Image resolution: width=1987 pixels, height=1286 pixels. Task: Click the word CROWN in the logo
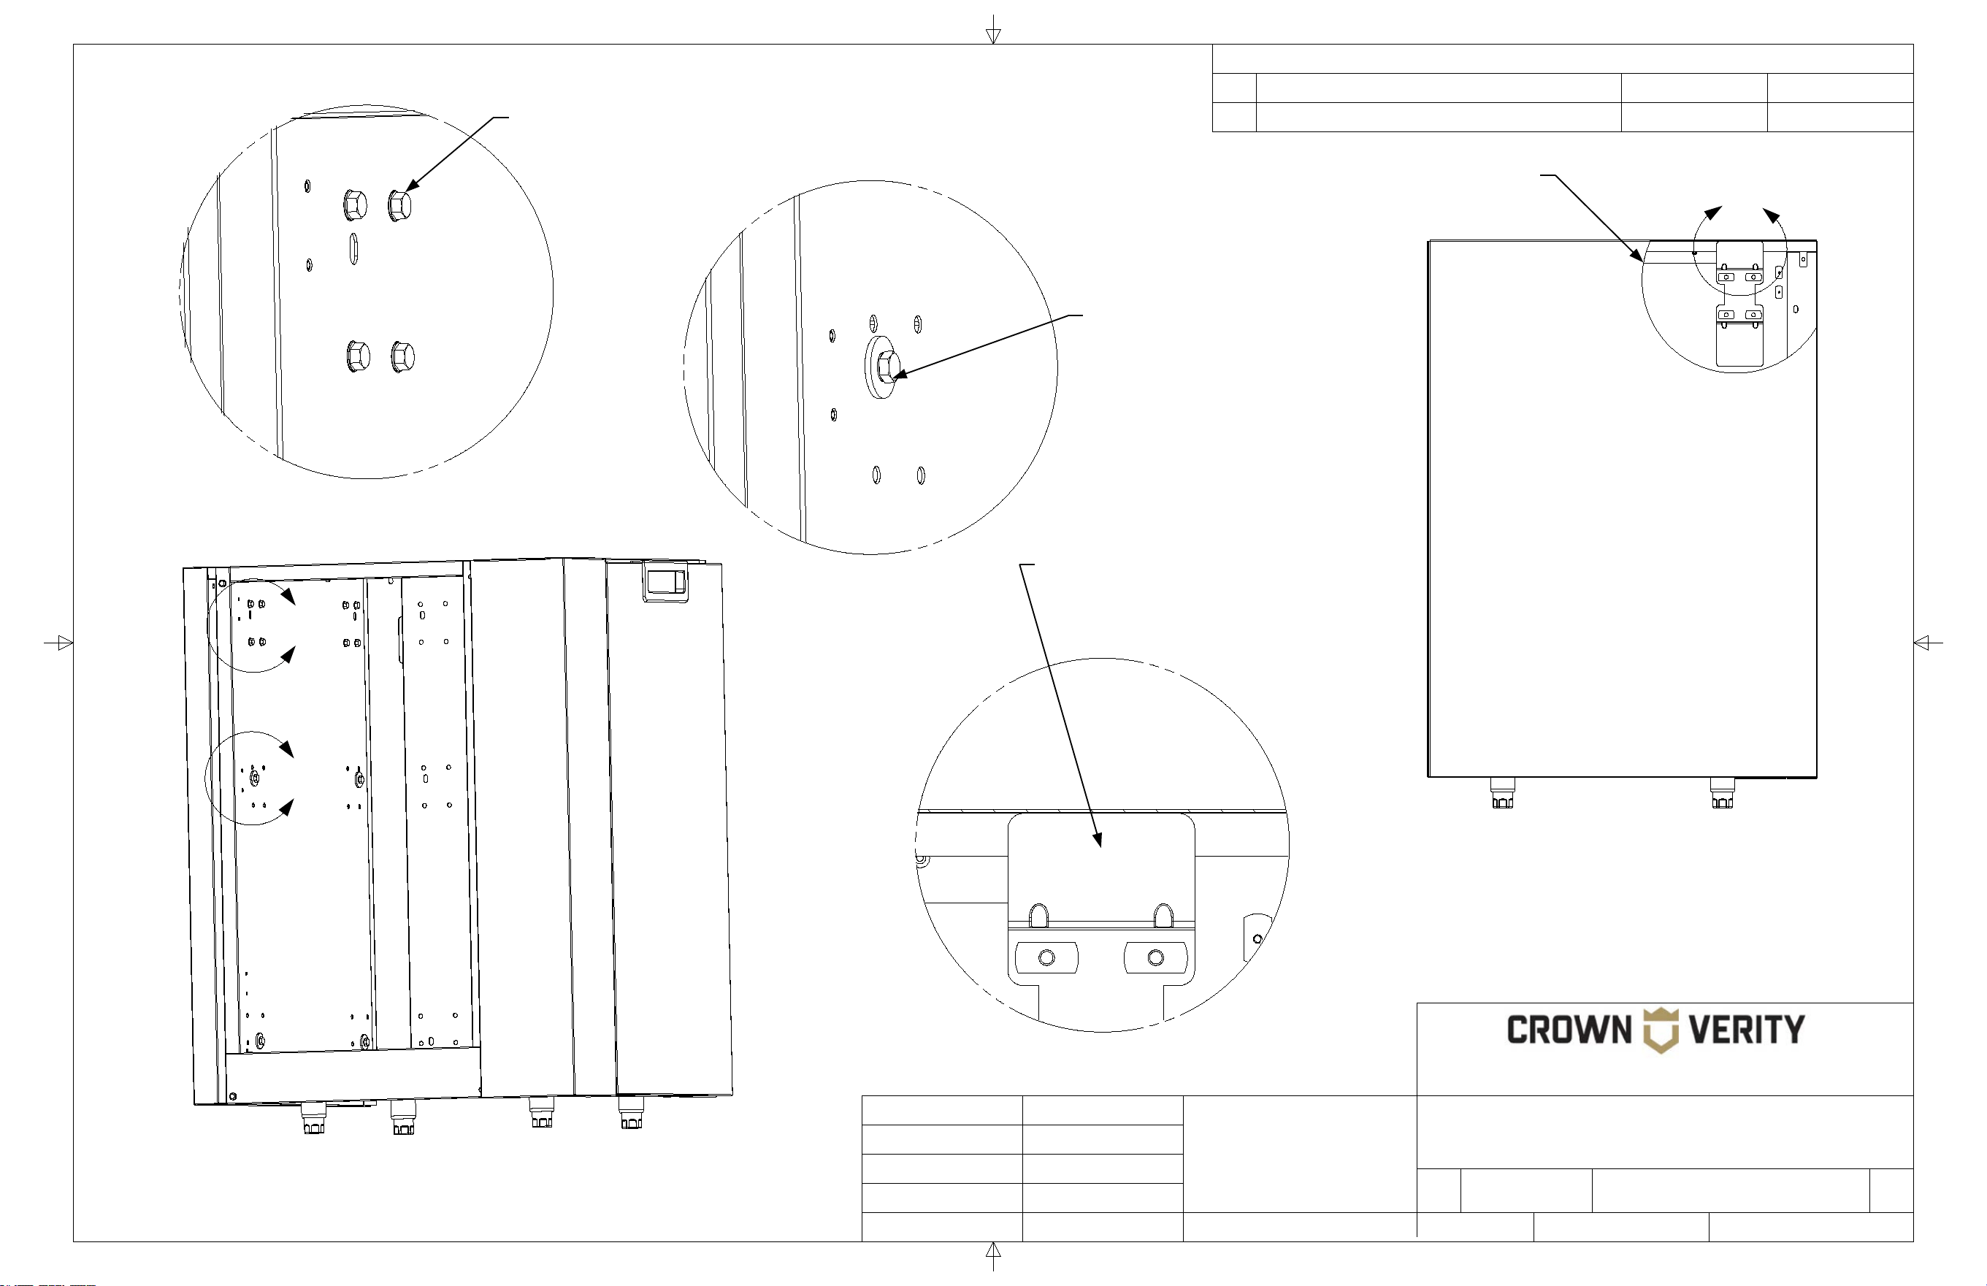coord(1569,1030)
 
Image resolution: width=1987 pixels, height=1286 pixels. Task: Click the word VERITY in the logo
coord(1747,1030)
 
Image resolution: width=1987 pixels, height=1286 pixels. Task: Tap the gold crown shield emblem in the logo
coord(1661,1030)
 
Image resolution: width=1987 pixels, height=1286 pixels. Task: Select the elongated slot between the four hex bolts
coord(354,249)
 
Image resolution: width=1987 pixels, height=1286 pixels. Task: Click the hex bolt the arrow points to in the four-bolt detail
coord(400,204)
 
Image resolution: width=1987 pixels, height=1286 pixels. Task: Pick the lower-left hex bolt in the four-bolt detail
coord(358,357)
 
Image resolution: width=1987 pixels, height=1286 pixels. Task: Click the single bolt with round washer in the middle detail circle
coord(882,367)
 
